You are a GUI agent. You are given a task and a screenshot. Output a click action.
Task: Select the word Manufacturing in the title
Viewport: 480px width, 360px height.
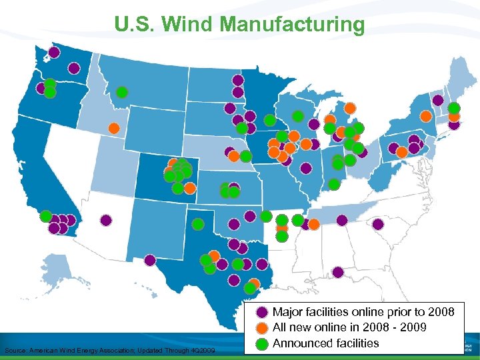pyautogui.click(x=292, y=25)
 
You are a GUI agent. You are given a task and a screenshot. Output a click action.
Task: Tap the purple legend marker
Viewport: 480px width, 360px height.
pyautogui.click(x=263, y=311)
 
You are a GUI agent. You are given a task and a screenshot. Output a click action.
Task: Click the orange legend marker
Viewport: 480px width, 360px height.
pyautogui.click(x=263, y=327)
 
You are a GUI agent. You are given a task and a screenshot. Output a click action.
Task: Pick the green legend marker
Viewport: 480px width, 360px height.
pyautogui.click(x=263, y=343)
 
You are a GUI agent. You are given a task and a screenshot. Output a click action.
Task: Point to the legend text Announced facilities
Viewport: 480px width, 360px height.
pyautogui.click(x=326, y=343)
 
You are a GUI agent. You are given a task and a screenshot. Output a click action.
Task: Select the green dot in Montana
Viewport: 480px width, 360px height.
pyautogui.click(x=122, y=92)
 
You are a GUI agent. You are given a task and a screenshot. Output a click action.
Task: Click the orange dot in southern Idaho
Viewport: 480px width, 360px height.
pyautogui.click(x=114, y=127)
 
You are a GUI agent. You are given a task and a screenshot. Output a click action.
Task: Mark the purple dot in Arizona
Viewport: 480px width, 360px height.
pyautogui.click(x=105, y=219)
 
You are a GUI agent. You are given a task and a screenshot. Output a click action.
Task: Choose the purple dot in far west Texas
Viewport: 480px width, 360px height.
pyautogui.click(x=150, y=260)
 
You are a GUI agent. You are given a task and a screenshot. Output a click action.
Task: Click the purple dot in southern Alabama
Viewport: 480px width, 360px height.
pyautogui.click(x=338, y=272)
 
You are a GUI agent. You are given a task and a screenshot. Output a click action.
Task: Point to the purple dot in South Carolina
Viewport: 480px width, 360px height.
pyautogui.click(x=377, y=224)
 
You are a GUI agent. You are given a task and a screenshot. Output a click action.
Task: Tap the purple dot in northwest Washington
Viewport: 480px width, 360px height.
pyautogui.click(x=53, y=52)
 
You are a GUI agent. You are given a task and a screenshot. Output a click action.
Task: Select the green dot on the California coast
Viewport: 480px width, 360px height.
pyautogui.click(x=45, y=216)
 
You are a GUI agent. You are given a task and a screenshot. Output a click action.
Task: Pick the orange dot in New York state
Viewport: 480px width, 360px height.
pyautogui.click(x=425, y=115)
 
